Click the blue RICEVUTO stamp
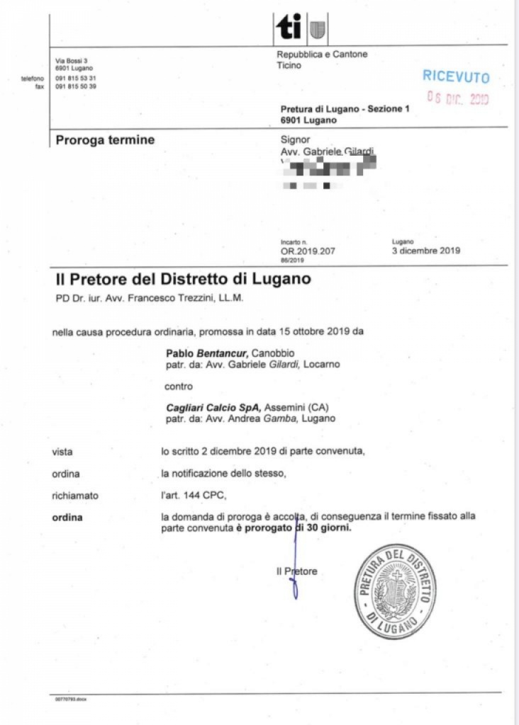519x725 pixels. [456, 76]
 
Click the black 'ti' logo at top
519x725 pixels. [289, 28]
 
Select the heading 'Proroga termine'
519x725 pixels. [105, 140]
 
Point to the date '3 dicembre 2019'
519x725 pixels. [425, 250]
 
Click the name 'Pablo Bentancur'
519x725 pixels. [207, 353]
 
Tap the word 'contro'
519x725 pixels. [178, 387]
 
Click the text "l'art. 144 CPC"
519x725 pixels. [188, 496]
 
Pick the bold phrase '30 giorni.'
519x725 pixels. [328, 528]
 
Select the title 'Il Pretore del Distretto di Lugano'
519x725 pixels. [183, 279]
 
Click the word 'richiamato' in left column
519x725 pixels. [75, 496]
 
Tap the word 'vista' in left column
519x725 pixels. [62, 451]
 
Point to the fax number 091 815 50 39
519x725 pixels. [76, 86]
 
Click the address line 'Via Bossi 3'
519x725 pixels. [71, 62]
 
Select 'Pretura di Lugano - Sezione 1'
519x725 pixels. [345, 109]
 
